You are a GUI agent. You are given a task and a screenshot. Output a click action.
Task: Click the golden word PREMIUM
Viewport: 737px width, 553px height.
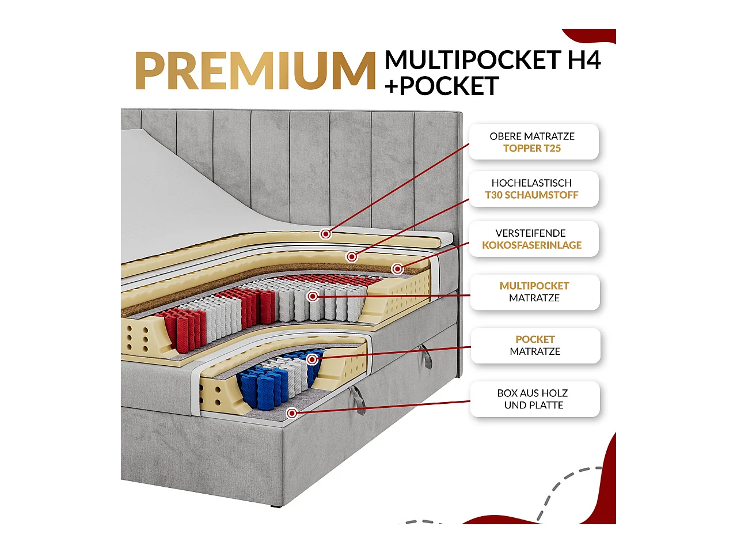coord(255,71)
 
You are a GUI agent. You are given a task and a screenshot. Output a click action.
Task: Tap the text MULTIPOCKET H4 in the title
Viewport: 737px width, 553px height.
coord(492,60)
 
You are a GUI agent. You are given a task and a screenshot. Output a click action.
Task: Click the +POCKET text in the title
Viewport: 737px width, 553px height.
coord(442,86)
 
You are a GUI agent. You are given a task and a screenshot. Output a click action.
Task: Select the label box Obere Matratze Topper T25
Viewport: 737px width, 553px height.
coord(533,142)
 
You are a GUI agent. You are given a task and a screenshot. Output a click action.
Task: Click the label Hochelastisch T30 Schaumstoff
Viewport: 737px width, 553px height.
coord(533,189)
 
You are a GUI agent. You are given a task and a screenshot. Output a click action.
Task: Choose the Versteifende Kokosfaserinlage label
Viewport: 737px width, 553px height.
coord(533,239)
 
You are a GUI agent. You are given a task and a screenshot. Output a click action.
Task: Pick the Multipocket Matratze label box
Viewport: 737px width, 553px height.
coord(534,292)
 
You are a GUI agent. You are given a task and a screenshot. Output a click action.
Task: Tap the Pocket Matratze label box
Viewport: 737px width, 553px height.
coord(535,346)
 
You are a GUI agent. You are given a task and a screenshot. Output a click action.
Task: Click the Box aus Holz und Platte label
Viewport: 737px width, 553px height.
coord(534,399)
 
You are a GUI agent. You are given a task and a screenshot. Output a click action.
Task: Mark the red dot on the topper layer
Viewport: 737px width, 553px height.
coord(326,234)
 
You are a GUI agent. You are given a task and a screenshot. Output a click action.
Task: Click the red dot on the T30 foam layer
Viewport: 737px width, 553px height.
coord(352,256)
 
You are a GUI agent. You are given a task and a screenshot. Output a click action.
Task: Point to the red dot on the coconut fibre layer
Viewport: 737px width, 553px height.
coord(397,269)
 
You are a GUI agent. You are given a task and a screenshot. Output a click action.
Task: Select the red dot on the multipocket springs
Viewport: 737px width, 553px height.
coord(313,296)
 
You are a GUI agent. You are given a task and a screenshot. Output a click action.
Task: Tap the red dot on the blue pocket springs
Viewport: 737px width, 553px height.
coord(312,359)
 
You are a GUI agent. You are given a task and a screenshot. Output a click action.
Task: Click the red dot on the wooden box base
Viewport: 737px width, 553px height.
coord(292,413)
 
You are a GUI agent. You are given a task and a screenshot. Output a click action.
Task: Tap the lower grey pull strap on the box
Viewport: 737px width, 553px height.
coord(358,400)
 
